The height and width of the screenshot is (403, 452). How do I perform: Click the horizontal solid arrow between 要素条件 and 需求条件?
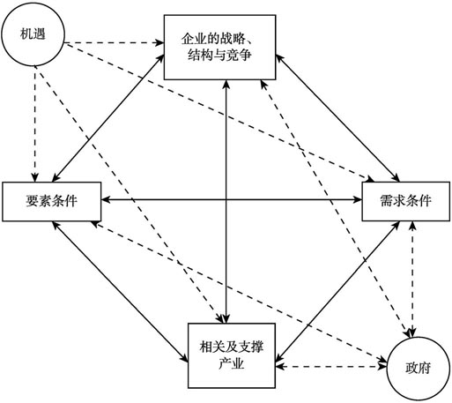[x=232, y=200]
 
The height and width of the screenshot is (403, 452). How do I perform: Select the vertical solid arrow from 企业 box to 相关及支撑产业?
[x=226, y=202]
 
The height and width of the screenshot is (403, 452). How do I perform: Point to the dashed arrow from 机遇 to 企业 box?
[x=114, y=43]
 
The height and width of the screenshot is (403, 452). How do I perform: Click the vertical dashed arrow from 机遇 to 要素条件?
[x=35, y=123]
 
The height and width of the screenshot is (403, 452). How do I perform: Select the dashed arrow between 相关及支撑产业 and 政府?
[x=331, y=367]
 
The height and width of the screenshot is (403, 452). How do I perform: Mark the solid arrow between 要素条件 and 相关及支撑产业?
[x=120, y=292]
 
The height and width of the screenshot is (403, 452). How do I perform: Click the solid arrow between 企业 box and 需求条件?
[x=337, y=117]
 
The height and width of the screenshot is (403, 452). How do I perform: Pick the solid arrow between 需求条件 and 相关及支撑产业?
[x=337, y=291]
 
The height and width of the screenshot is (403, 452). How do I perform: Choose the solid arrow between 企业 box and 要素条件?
[x=108, y=117]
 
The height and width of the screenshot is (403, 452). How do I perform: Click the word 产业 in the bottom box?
[x=232, y=364]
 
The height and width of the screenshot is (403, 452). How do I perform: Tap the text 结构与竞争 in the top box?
[x=219, y=56]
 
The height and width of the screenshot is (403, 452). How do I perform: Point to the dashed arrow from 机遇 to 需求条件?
[x=219, y=113]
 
